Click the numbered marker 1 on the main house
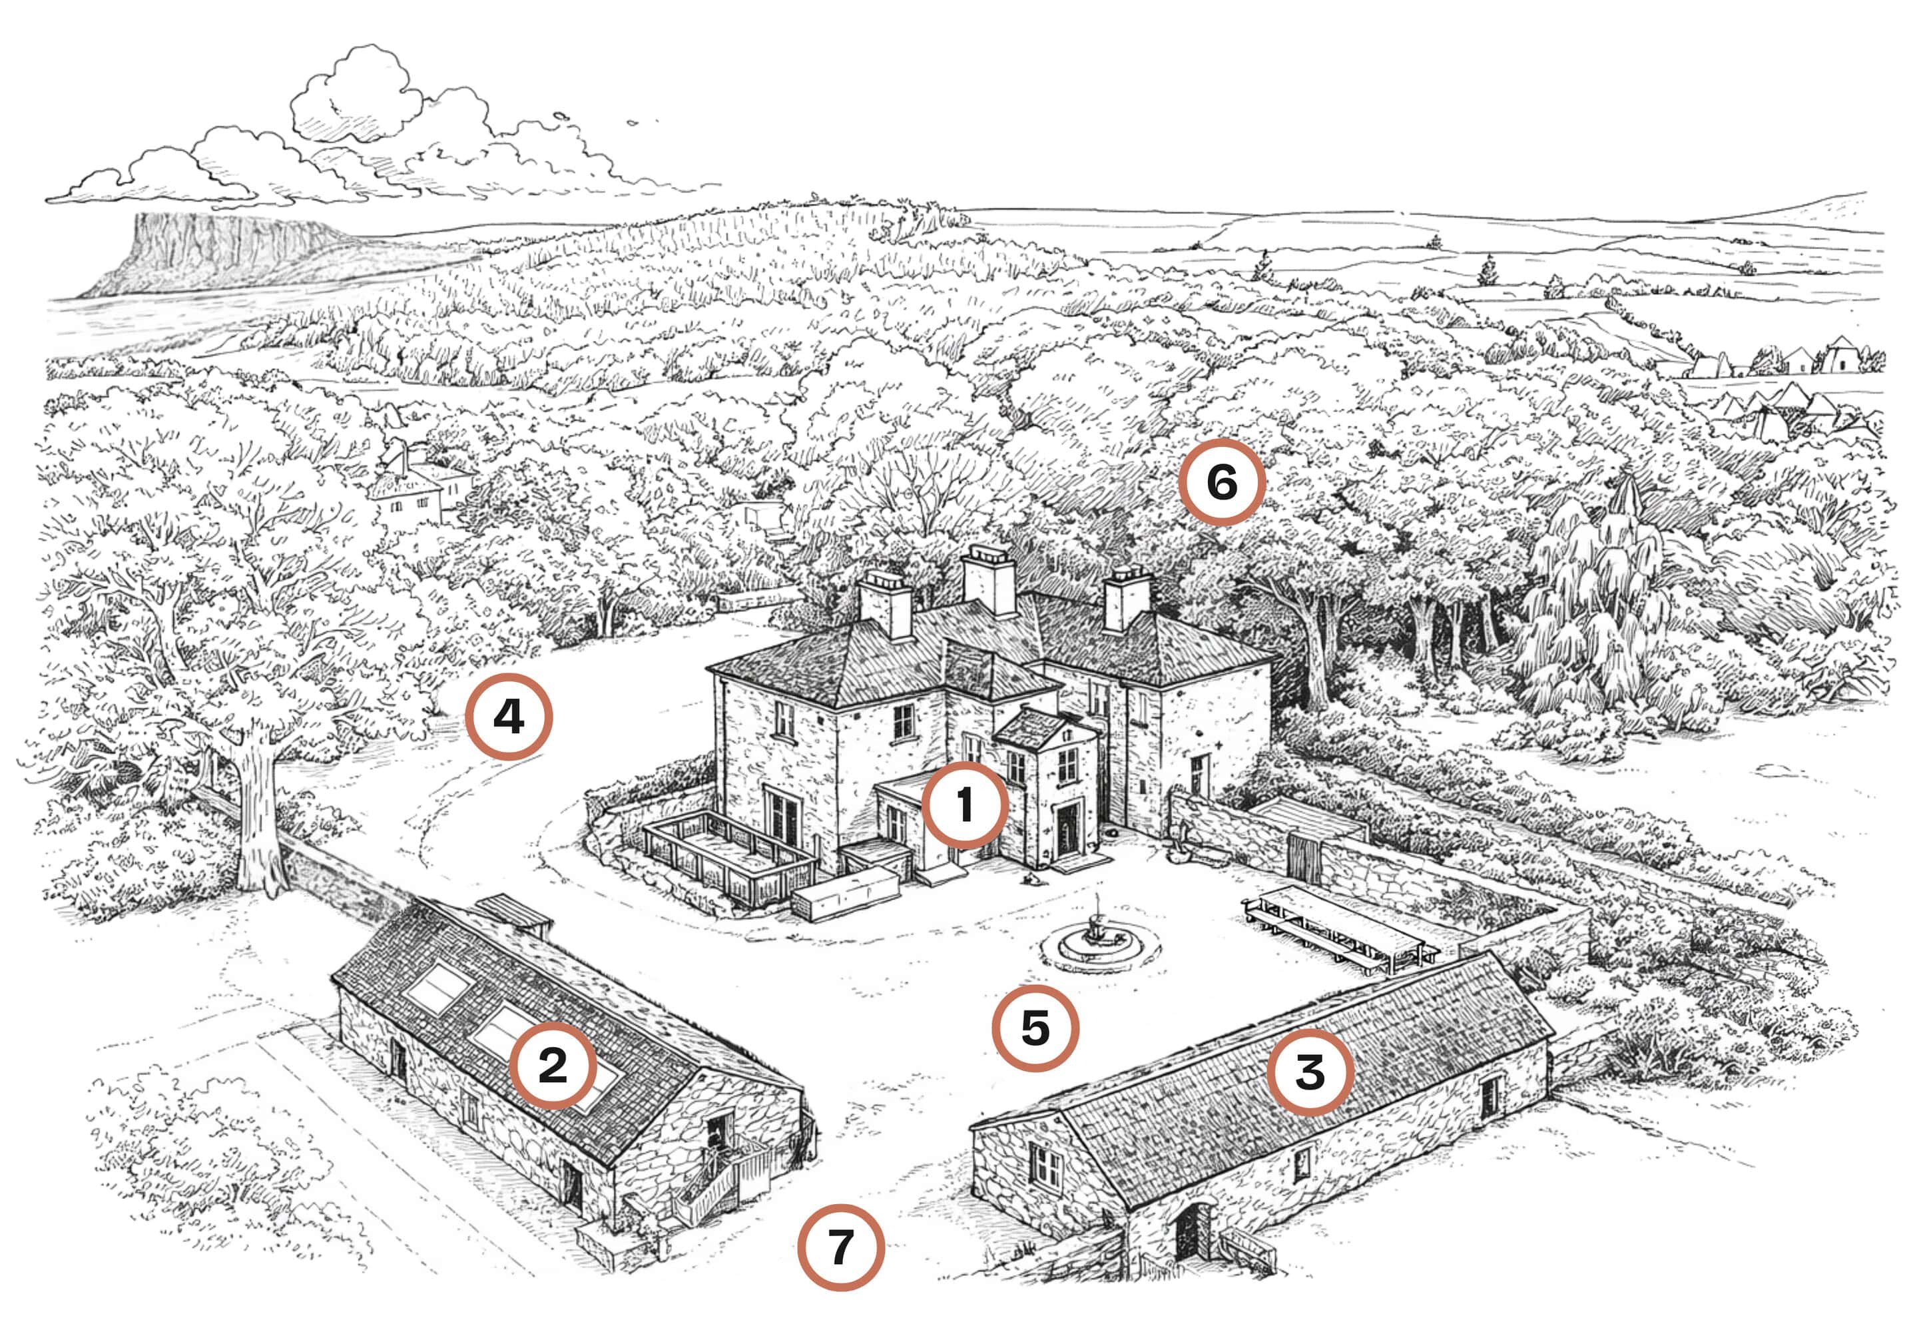[965, 805]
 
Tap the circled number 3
[1310, 1072]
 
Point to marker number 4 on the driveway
[508, 716]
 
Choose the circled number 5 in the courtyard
[1035, 1028]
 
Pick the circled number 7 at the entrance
[840, 1247]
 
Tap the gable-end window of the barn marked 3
[1045, 1164]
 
